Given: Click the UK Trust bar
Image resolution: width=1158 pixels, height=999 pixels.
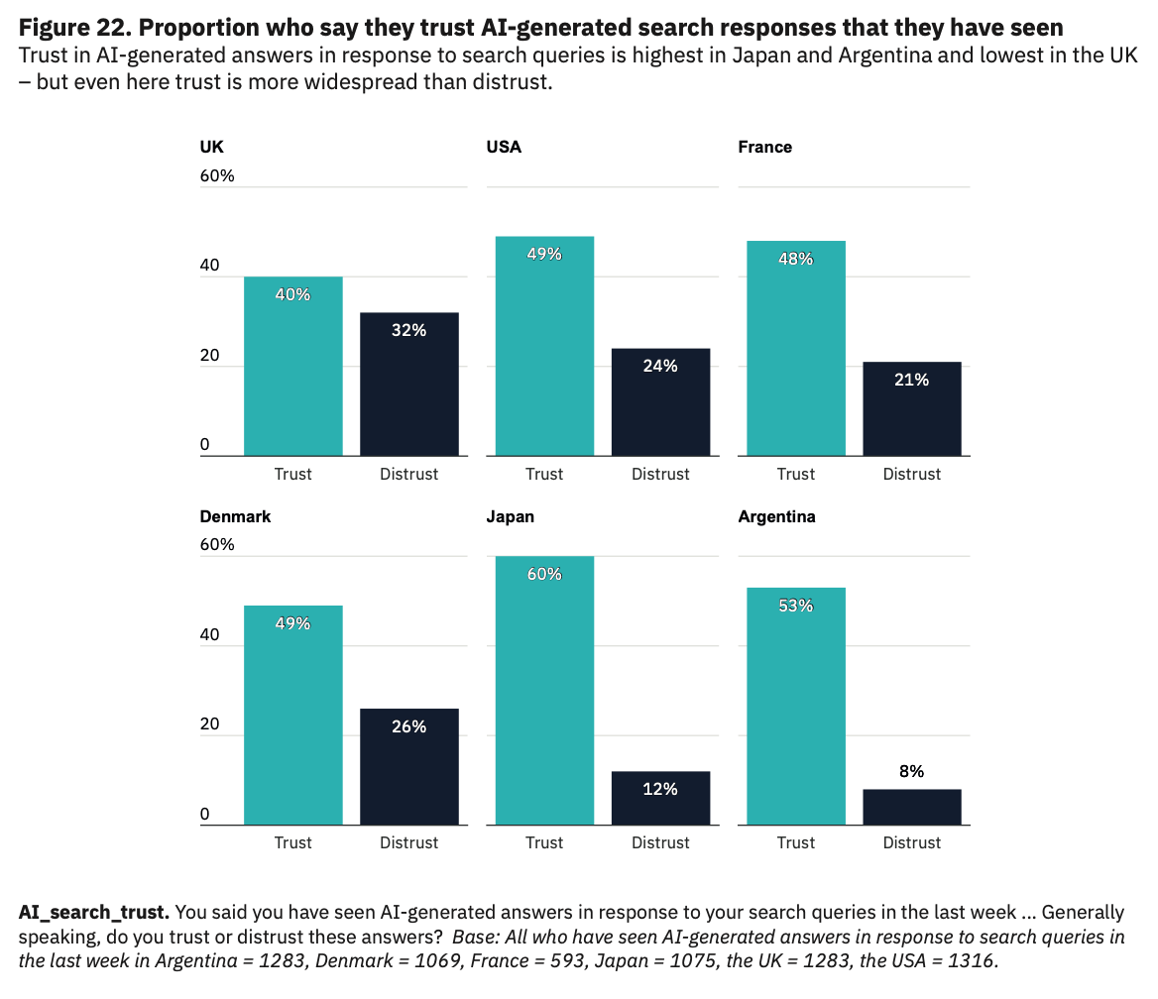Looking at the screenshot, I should pyautogui.click(x=292, y=367).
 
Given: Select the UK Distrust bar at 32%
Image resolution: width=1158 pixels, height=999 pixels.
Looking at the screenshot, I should pyautogui.click(x=408, y=385).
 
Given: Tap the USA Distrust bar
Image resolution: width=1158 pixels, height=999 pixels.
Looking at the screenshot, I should pyautogui.click(x=660, y=402).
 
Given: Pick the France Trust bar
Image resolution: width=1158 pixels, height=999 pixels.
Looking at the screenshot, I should pyautogui.click(x=796, y=349).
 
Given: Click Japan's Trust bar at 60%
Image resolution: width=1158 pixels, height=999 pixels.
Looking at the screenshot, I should pyautogui.click(x=544, y=691).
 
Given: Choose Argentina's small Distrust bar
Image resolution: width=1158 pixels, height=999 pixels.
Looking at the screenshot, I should pyautogui.click(x=912, y=807).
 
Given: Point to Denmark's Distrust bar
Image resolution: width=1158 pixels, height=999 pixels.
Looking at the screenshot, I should pyautogui.click(x=408, y=767).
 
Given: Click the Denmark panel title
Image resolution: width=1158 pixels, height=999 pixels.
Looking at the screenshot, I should pyautogui.click(x=235, y=516).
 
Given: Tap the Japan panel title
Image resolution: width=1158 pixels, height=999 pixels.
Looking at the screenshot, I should pyautogui.click(x=511, y=516).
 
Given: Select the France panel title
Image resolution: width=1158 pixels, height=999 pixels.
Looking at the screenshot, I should pyautogui.click(x=764, y=147).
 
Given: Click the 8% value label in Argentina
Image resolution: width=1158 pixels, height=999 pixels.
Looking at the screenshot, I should pyautogui.click(x=912, y=771).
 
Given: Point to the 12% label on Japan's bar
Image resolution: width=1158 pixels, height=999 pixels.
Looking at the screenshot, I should pyautogui.click(x=660, y=789).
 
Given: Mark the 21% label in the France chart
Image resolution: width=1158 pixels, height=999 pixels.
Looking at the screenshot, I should pyautogui.click(x=912, y=380).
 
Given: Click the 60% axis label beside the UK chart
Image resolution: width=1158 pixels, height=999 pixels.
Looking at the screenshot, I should pyautogui.click(x=217, y=175).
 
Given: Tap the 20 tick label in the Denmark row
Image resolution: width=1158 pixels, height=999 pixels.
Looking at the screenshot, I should pyautogui.click(x=209, y=724).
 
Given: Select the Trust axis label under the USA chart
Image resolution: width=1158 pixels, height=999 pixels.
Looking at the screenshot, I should pyautogui.click(x=544, y=474).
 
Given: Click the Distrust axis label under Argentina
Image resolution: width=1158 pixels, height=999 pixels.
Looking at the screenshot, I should pyautogui.click(x=912, y=842).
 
